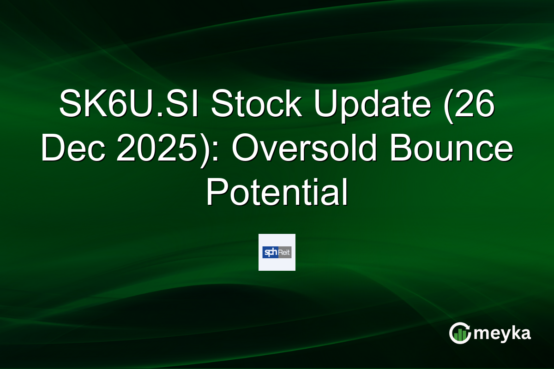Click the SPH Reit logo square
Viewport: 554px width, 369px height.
click(x=277, y=252)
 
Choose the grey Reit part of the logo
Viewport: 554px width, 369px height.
click(x=284, y=252)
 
